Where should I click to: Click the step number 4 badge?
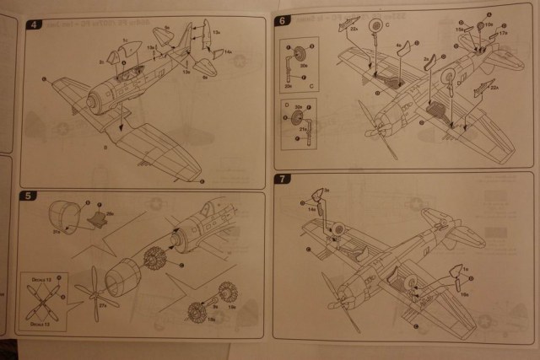click(33, 24)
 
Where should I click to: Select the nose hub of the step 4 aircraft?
click(90, 99)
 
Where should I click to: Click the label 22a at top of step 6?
click(354, 28)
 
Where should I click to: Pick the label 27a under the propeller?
click(103, 317)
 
